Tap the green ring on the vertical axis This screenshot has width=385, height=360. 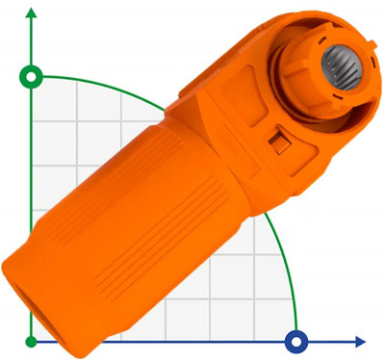(x=32, y=76)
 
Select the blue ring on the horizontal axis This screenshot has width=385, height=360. (x=296, y=340)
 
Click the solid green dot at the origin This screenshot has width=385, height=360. (x=32, y=341)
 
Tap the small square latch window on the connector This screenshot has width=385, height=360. (x=278, y=142)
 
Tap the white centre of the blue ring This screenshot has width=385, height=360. (x=296, y=340)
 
